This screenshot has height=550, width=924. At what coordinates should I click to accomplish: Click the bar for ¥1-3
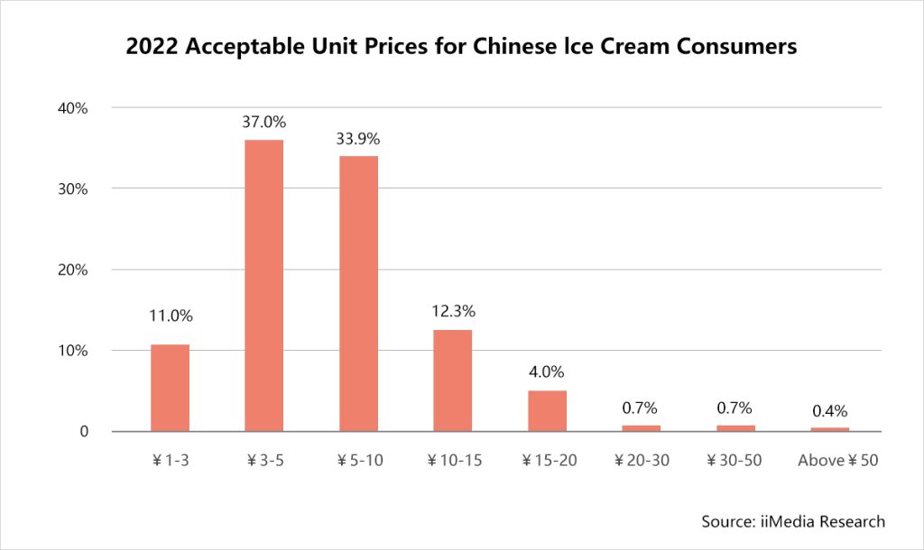point(170,388)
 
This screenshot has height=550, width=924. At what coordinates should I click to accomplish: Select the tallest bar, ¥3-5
point(264,285)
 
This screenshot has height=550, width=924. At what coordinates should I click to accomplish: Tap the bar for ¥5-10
point(358,293)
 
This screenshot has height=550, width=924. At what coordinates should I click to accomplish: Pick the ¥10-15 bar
point(452,380)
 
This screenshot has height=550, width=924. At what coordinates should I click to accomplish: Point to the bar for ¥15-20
point(547,411)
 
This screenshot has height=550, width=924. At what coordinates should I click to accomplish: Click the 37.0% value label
point(263,121)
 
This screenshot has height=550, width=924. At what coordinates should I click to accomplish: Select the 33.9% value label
point(358,139)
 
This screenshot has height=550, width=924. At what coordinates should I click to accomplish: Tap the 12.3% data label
point(452,311)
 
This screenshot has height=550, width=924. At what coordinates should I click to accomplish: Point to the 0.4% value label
point(829,410)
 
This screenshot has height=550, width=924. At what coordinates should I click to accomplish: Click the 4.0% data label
point(547,371)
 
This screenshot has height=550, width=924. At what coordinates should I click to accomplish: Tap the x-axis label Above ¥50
point(838,461)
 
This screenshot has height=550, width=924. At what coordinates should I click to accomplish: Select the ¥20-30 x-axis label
point(641,461)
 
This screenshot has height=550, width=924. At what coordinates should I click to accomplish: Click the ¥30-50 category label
point(735,461)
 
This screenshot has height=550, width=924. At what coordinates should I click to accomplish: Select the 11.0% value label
point(171,316)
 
